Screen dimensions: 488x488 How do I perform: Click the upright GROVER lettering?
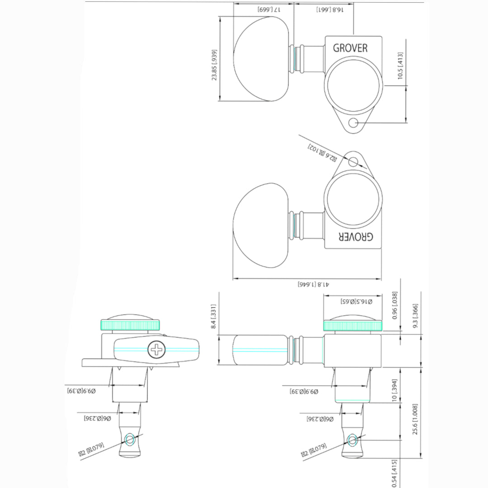pyautogui.click(x=350, y=48)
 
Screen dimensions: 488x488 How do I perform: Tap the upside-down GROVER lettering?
pyautogui.click(x=356, y=237)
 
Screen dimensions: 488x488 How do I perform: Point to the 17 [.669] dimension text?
pyautogui.click(x=269, y=9)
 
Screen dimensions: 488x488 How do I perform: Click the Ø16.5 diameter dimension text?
pyautogui.click(x=356, y=301)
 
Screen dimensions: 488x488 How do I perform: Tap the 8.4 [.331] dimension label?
pyautogui.click(x=214, y=317)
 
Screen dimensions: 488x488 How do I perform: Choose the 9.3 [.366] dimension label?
pyautogui.click(x=415, y=316)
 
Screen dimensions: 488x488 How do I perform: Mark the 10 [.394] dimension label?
pyautogui.click(x=394, y=390)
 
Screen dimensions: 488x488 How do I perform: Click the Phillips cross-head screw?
pyautogui.click(x=156, y=349)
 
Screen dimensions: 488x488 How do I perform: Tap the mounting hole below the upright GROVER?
pyautogui.click(x=355, y=123)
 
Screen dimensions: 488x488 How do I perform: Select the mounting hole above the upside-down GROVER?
pyautogui.click(x=355, y=161)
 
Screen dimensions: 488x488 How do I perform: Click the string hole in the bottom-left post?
pyautogui.click(x=130, y=440)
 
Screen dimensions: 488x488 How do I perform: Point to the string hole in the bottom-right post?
pyautogui.click(x=352, y=440)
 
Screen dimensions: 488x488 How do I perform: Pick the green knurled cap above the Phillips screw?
pyautogui.click(x=129, y=324)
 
